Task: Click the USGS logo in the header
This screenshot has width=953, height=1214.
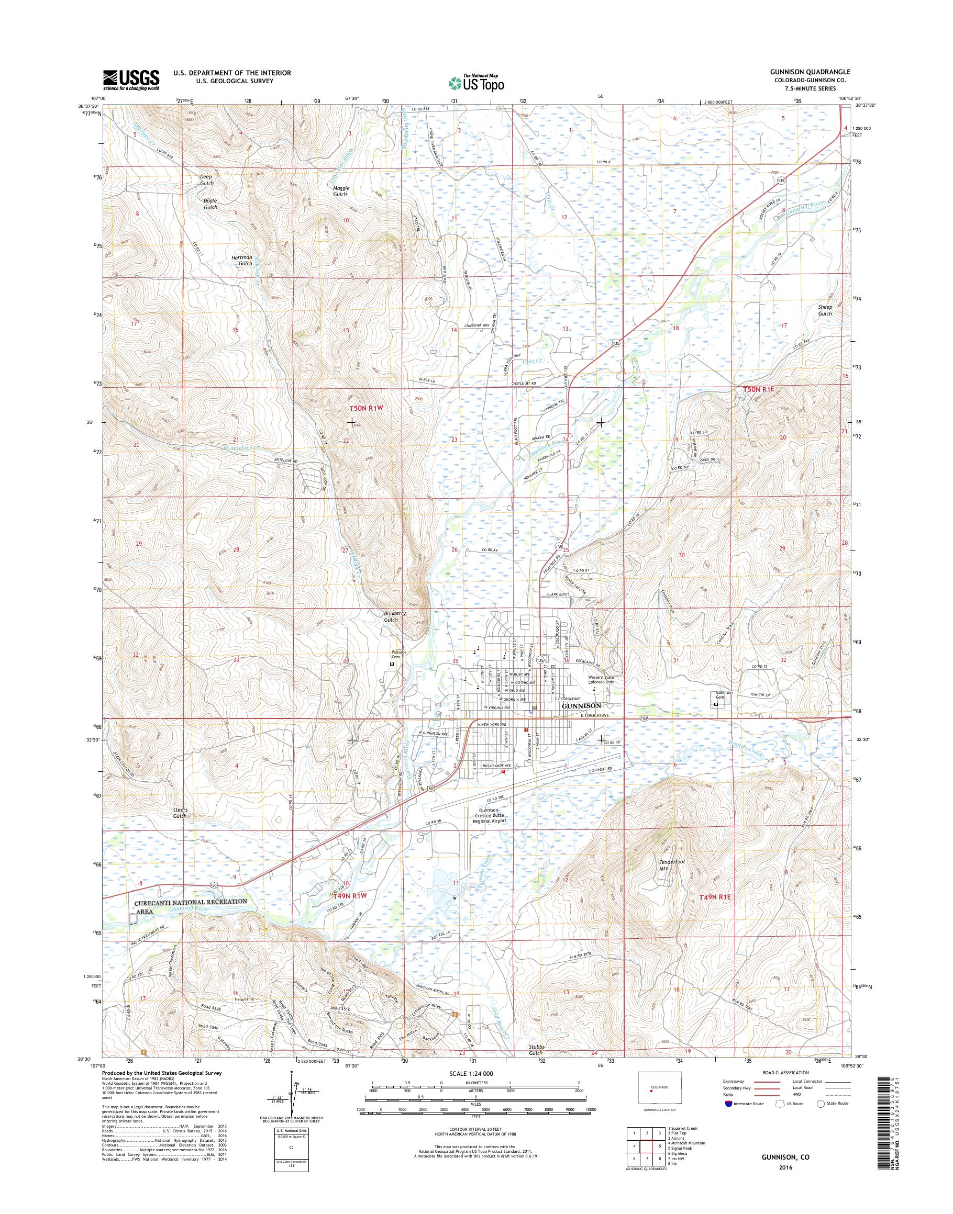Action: (x=130, y=80)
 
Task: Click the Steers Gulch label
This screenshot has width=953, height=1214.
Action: (x=180, y=813)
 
